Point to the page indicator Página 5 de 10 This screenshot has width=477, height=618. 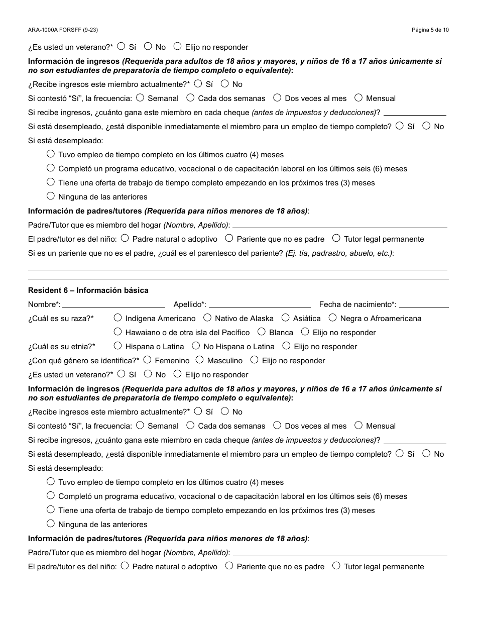(430, 30)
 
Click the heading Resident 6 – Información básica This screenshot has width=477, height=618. (88, 290)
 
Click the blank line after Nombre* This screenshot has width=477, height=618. (113, 304)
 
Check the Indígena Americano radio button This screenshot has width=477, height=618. (117, 318)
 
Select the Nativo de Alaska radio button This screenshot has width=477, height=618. (207, 318)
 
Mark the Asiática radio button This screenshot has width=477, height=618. (285, 318)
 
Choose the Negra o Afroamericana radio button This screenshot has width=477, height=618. (332, 318)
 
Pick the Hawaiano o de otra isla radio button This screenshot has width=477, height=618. (117, 332)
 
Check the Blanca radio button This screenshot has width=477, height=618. (261, 332)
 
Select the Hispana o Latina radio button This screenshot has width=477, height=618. (117, 346)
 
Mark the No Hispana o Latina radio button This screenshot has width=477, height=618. (196, 346)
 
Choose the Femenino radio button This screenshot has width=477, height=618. (147, 360)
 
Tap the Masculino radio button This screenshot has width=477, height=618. (199, 360)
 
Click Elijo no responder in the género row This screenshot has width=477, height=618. (254, 360)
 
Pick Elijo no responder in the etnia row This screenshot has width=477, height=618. (286, 346)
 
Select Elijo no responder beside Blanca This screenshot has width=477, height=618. (305, 332)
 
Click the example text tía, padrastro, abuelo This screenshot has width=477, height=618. (339, 253)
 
